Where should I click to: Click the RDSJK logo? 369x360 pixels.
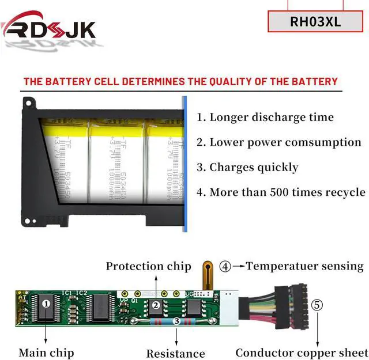pos(48,29)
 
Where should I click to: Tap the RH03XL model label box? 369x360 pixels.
pos(315,22)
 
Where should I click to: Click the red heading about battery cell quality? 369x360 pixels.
pos(180,81)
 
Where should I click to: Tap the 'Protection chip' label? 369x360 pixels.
pos(148,266)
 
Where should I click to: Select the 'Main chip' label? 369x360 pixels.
pos(46,352)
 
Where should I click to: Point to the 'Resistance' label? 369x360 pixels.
pos(175,353)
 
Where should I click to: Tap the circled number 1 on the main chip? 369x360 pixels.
pos(47,302)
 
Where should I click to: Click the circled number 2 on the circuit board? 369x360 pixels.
pos(156,305)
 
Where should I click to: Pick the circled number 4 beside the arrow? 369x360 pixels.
pos(225,266)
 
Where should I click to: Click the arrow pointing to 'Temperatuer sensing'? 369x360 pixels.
pos(238,266)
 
